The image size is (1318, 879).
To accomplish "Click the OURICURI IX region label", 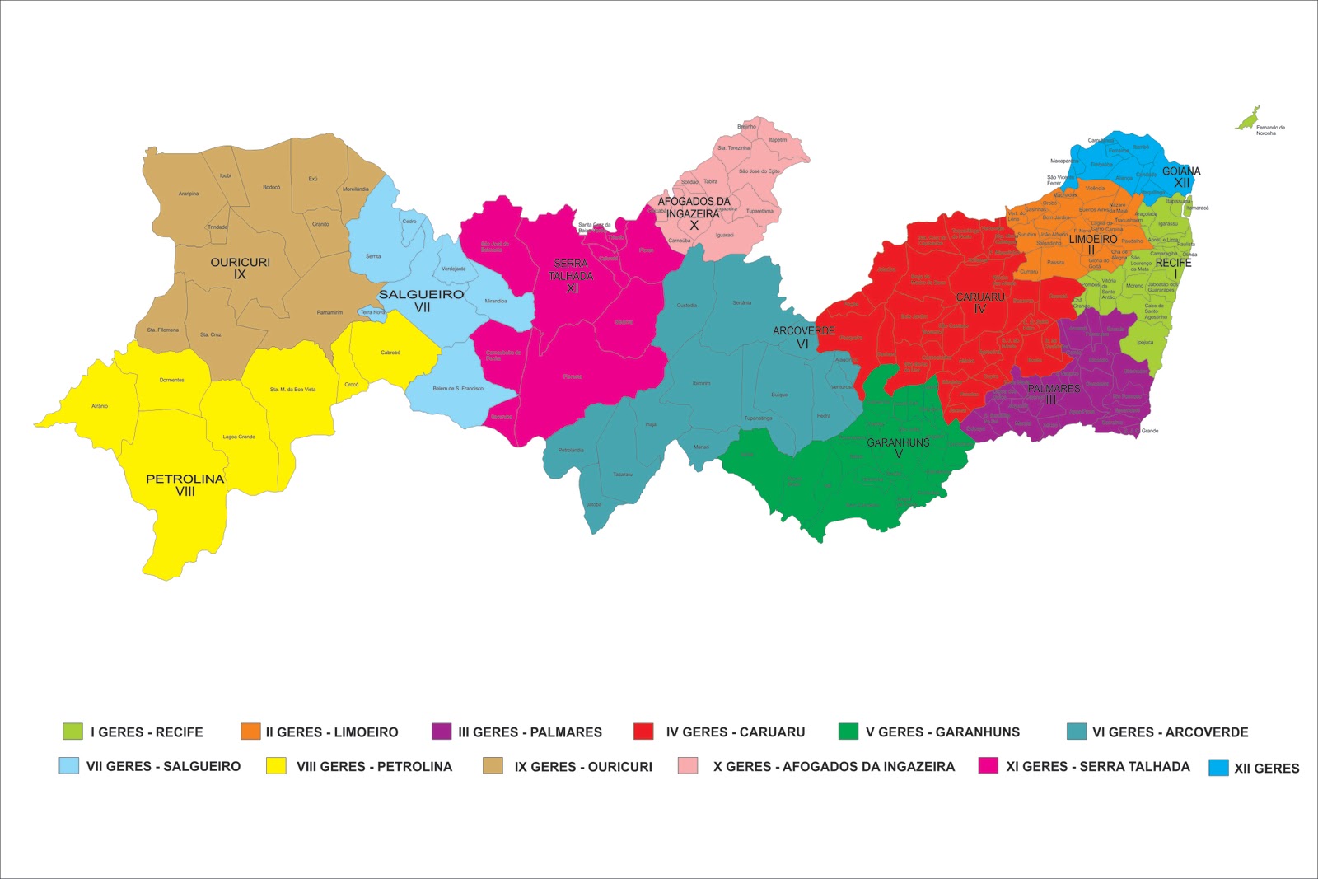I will (x=240, y=268).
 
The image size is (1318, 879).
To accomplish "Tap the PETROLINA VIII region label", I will (x=185, y=484).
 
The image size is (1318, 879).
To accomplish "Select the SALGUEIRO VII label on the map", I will (x=421, y=300).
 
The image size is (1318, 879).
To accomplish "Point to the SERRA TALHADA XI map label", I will (x=571, y=276).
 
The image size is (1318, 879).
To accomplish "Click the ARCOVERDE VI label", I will (x=803, y=337).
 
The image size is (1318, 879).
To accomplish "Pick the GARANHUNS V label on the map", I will (x=898, y=447).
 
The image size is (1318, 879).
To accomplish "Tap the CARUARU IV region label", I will (x=980, y=302).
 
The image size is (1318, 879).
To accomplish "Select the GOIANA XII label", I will (x=1181, y=176).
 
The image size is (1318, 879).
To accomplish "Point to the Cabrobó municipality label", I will (x=390, y=353).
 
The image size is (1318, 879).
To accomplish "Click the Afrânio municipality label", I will (x=100, y=406).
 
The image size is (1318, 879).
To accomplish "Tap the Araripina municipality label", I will (x=189, y=194).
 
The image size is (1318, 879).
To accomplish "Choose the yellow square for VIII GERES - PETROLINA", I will (x=276, y=766).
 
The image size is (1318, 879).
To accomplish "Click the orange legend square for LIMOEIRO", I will (x=250, y=732).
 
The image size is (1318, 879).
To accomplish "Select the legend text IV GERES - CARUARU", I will (x=735, y=732).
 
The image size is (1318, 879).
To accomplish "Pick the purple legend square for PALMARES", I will (x=442, y=732).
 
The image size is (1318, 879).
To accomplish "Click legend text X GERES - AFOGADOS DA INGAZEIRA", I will (x=834, y=766).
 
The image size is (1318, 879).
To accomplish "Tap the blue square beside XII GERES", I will (x=1218, y=768).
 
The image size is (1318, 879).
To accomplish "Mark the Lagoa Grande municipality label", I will (x=239, y=437).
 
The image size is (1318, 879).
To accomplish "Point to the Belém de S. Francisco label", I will (x=458, y=388).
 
